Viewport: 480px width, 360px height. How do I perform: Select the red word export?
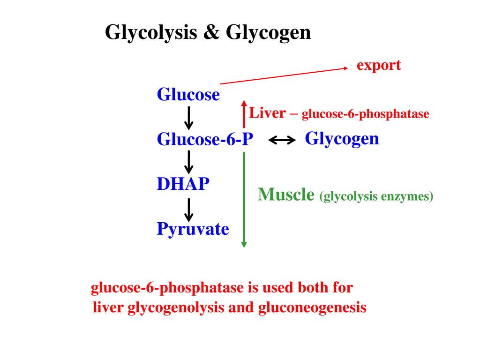click(x=379, y=65)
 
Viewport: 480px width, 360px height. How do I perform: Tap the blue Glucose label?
click(x=188, y=95)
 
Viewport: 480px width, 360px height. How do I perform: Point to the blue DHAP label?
click(x=183, y=184)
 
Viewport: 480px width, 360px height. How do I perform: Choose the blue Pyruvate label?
click(x=193, y=229)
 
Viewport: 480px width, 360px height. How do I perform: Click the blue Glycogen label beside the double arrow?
click(x=342, y=139)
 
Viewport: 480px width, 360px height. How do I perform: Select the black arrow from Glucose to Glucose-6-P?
click(x=189, y=118)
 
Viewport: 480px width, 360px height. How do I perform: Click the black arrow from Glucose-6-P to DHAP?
click(x=189, y=162)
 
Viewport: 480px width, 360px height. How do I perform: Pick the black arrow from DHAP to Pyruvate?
click(x=189, y=210)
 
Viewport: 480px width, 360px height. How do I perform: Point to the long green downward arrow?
click(x=244, y=199)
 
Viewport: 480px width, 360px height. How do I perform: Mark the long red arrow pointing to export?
click(x=284, y=76)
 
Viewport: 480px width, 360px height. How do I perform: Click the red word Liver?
click(x=267, y=113)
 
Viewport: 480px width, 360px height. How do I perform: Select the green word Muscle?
click(x=286, y=195)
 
